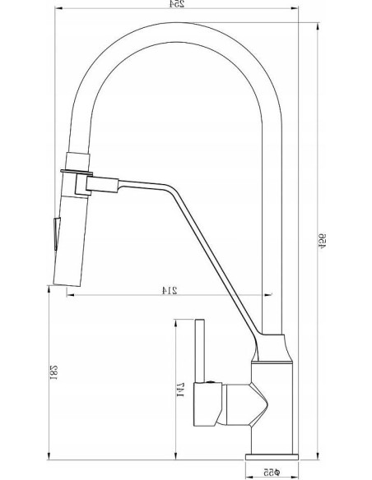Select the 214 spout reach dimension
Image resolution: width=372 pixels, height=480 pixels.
pos(171,290)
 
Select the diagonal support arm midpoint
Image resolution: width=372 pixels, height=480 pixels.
pos(210,255)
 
